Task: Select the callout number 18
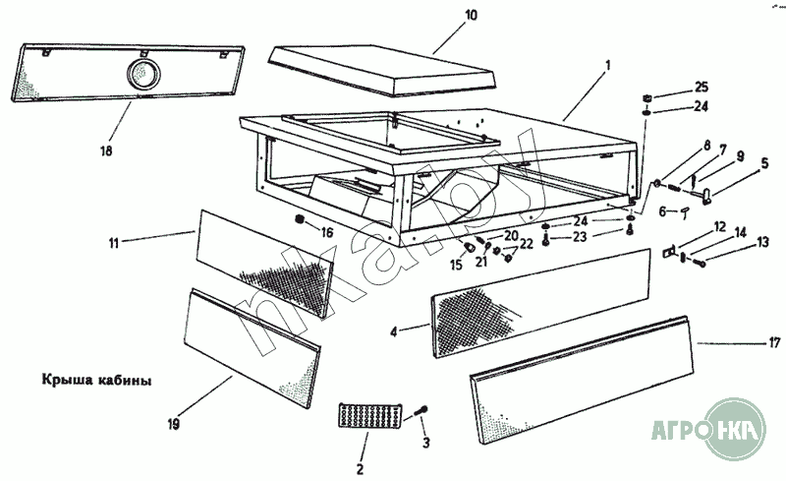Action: [x=105, y=151]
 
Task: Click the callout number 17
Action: [x=774, y=343]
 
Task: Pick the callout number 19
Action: [x=173, y=425]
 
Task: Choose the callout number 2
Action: [x=360, y=468]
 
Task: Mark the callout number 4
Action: [x=393, y=332]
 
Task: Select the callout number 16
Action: [x=326, y=233]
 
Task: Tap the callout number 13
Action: [x=762, y=242]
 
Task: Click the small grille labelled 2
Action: [x=365, y=415]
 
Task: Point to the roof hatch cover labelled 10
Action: [x=384, y=68]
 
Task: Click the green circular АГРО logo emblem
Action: [x=731, y=427]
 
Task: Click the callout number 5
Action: [x=764, y=165]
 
